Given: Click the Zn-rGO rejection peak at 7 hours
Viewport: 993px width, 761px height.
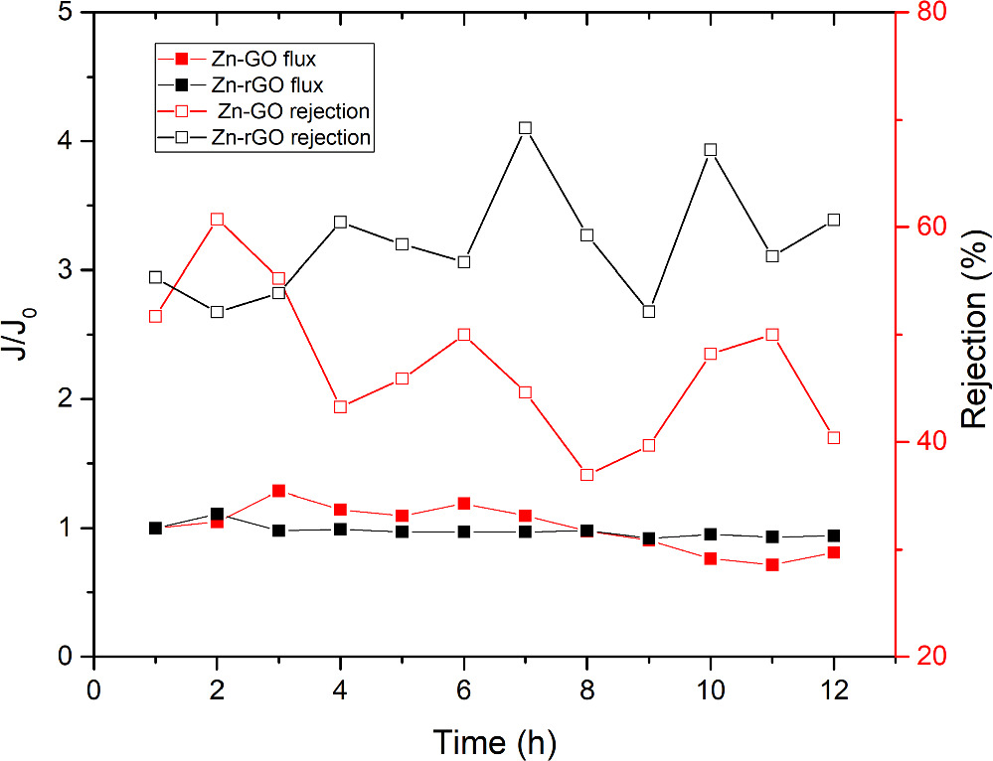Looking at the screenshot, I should click(x=525, y=128).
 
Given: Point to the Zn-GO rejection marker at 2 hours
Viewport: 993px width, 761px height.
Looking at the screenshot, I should click(x=217, y=220).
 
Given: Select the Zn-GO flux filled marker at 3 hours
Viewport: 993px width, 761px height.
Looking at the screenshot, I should click(x=278, y=491).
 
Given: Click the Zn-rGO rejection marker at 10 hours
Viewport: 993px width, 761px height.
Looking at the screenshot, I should click(x=710, y=150).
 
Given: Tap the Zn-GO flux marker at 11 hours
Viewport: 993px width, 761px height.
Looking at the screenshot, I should click(x=771, y=564).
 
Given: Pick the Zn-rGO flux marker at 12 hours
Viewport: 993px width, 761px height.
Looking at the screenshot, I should click(x=833, y=535).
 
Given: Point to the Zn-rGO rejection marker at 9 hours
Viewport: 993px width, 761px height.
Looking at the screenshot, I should click(x=648, y=312).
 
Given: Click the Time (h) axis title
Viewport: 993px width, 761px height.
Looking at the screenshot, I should click(x=493, y=740).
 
